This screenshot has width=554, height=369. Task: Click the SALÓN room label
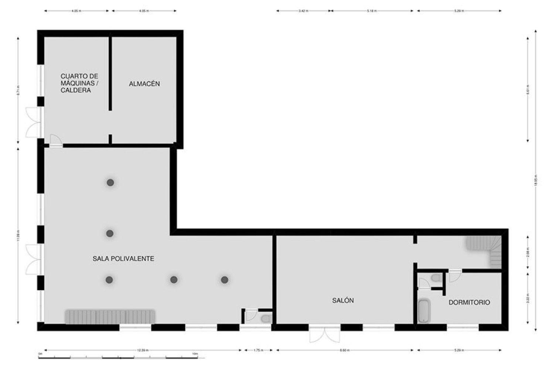click(x=343, y=300)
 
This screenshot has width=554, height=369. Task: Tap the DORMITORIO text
click(x=469, y=303)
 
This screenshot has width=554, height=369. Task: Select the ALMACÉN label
click(x=144, y=84)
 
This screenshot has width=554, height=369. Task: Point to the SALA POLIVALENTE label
click(x=123, y=259)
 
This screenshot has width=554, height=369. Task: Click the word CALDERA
click(x=76, y=90)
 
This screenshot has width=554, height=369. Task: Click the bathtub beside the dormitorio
click(x=424, y=311)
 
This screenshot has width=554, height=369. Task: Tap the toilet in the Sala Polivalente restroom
click(x=265, y=318)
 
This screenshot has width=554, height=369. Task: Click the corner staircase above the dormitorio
click(x=486, y=249)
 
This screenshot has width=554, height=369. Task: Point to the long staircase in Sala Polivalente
click(x=110, y=317)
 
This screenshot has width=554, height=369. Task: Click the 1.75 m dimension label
click(x=257, y=350)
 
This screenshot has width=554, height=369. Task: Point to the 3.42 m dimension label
click(x=303, y=11)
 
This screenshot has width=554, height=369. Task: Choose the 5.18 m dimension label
click(x=372, y=11)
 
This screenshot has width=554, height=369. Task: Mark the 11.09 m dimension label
click(x=18, y=235)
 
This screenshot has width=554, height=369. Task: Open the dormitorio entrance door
click(x=455, y=275)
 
